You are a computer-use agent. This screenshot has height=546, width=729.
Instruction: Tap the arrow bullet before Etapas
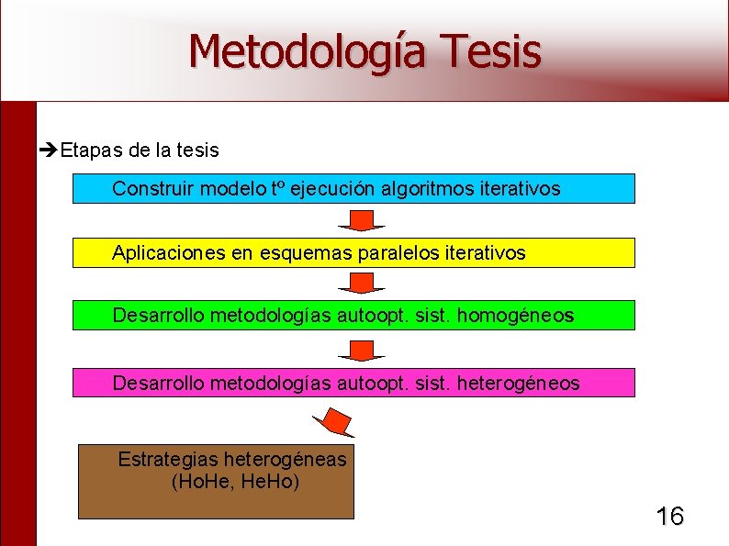[50, 149]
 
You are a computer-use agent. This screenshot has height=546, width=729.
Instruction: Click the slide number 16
[669, 517]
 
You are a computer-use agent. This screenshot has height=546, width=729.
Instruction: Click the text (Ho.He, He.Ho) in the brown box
[235, 481]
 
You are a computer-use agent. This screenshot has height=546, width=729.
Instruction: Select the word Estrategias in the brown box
[168, 459]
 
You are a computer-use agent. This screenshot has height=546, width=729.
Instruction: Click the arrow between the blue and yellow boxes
[361, 220]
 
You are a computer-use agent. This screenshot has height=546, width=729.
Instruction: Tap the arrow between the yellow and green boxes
[361, 284]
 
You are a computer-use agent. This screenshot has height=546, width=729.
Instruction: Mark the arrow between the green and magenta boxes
[361, 350]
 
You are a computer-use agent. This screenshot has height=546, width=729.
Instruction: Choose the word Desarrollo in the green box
[159, 316]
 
